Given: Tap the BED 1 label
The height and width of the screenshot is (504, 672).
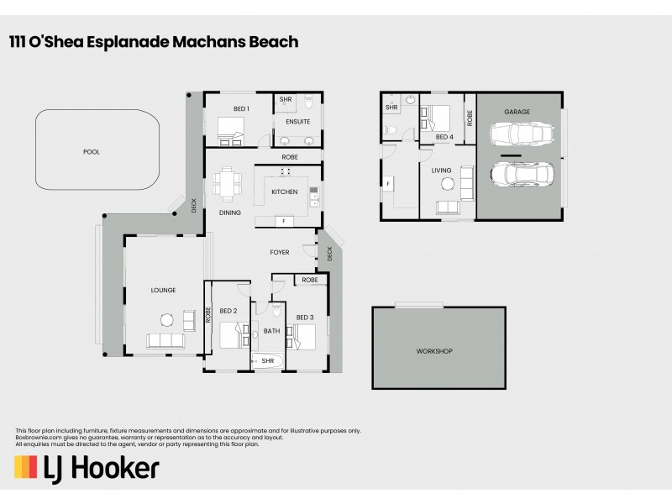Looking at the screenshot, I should (241, 109).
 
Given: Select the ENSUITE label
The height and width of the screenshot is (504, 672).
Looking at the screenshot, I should (298, 122).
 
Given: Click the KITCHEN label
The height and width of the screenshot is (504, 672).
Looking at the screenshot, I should (284, 192).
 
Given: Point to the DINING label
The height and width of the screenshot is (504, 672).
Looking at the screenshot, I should (230, 213).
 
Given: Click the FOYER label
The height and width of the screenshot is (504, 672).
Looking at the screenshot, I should (279, 252).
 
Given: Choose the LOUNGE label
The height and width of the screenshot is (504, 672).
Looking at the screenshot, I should (163, 290).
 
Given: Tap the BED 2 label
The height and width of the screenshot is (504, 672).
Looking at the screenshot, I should (229, 311).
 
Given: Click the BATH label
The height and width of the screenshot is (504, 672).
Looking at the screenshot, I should (271, 331).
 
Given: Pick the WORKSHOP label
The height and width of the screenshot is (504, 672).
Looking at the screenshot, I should (434, 350).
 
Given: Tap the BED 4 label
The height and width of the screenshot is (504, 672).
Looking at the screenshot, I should (444, 137).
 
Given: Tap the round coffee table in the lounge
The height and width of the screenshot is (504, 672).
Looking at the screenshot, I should (166, 318).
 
